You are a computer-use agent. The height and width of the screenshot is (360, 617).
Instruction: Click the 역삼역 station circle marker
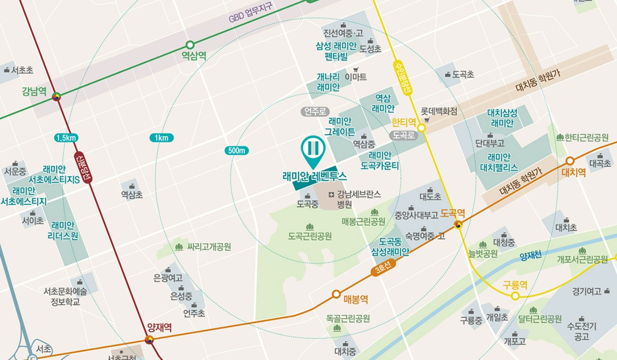tap(190, 45)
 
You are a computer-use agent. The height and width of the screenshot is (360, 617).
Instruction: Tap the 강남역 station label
tap(34, 91)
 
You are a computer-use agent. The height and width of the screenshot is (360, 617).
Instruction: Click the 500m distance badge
tap(237, 150)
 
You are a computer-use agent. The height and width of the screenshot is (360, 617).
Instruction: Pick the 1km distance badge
tap(161, 138)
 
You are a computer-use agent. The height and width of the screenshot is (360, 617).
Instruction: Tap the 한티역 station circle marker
tap(421, 127)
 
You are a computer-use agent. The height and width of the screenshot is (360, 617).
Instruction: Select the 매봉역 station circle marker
tap(336, 294)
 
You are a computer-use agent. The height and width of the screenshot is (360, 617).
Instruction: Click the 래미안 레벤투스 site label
tap(315, 176)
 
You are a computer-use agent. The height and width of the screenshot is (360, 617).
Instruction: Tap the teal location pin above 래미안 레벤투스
tap(313, 149)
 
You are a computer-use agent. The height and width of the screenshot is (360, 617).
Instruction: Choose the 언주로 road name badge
tap(315, 111)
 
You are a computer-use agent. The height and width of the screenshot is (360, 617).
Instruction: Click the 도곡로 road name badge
tap(403, 135)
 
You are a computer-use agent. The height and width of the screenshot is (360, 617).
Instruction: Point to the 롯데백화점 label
tap(439, 111)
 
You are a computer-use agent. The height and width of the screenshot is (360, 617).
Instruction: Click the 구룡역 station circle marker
tap(515, 296)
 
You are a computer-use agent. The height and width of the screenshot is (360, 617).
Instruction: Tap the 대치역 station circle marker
tap(570, 161)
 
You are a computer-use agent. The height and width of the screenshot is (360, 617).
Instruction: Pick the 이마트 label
tap(356, 77)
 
